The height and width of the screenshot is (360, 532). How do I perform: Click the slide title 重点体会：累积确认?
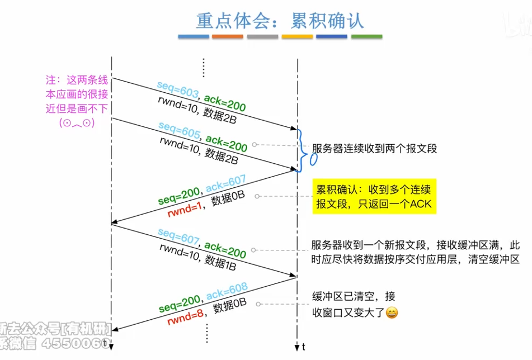coord(280,21)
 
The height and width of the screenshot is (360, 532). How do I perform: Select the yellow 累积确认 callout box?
coord(374,196)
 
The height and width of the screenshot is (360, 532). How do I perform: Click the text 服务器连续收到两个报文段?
coord(374,149)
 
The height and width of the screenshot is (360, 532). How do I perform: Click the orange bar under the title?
coord(227,37)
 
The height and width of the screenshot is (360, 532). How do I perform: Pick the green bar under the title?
coord(366,37)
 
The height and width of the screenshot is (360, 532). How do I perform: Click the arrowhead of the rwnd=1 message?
coord(114,223)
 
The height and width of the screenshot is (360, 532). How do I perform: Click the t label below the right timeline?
coord(304,347)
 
